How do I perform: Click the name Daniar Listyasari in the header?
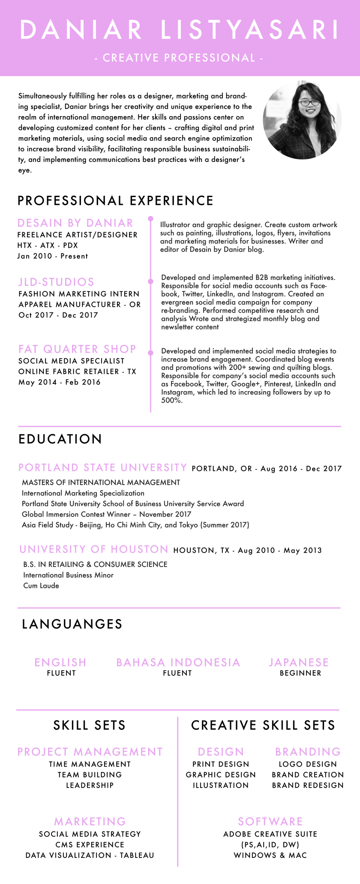point(180,30)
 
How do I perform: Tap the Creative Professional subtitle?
point(179,58)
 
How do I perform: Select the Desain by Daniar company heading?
point(75,223)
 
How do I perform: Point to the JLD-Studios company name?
point(56,282)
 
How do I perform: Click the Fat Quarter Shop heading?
point(77,349)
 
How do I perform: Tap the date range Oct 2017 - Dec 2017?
point(58,315)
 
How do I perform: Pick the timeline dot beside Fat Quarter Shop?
point(150,353)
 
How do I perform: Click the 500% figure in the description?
point(171,401)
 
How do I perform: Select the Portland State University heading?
point(103,467)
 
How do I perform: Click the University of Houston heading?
point(94,549)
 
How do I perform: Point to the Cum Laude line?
point(41,586)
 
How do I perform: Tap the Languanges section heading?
point(72,624)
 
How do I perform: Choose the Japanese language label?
point(299,662)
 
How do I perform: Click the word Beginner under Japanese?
point(300,673)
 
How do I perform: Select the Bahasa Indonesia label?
point(178,662)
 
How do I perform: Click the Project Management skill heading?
point(90,752)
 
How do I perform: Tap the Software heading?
point(270,821)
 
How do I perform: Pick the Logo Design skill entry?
point(308,764)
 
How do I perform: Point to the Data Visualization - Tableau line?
point(90,855)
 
